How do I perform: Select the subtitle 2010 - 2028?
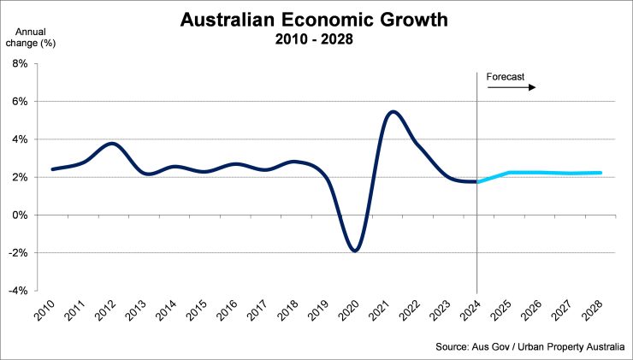[316, 39]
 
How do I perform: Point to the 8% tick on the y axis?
[20, 64]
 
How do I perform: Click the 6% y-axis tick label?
[20, 102]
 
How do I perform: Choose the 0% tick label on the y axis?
[20, 215]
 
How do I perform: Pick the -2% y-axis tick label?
[18, 253]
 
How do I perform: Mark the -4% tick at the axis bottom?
[18, 291]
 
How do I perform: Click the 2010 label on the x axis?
[48, 311]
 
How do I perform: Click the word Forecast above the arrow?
[506, 77]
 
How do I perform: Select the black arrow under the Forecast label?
[520, 87]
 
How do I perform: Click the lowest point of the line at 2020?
[354, 251]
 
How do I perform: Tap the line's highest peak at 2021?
[392, 111]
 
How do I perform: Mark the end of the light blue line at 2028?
[600, 173]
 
